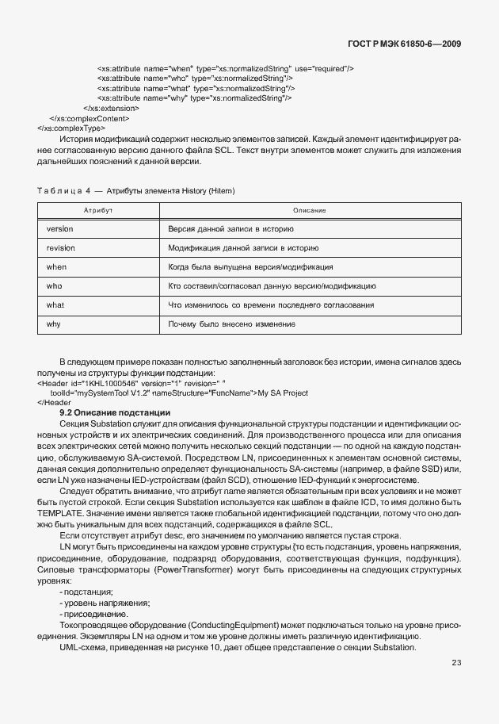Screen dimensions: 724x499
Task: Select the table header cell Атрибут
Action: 99,209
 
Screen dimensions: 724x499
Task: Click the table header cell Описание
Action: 310,209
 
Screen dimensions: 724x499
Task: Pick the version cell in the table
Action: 60,228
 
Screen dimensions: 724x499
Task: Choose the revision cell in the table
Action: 61,247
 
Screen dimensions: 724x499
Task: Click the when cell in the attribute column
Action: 57,266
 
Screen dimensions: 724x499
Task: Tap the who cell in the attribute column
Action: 55,285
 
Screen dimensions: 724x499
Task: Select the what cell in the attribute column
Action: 55,305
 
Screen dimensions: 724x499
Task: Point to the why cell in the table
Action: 54,324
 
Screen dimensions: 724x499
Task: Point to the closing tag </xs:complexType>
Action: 71,127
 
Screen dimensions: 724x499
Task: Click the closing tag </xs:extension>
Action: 111,108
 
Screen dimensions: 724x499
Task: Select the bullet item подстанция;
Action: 87,592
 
